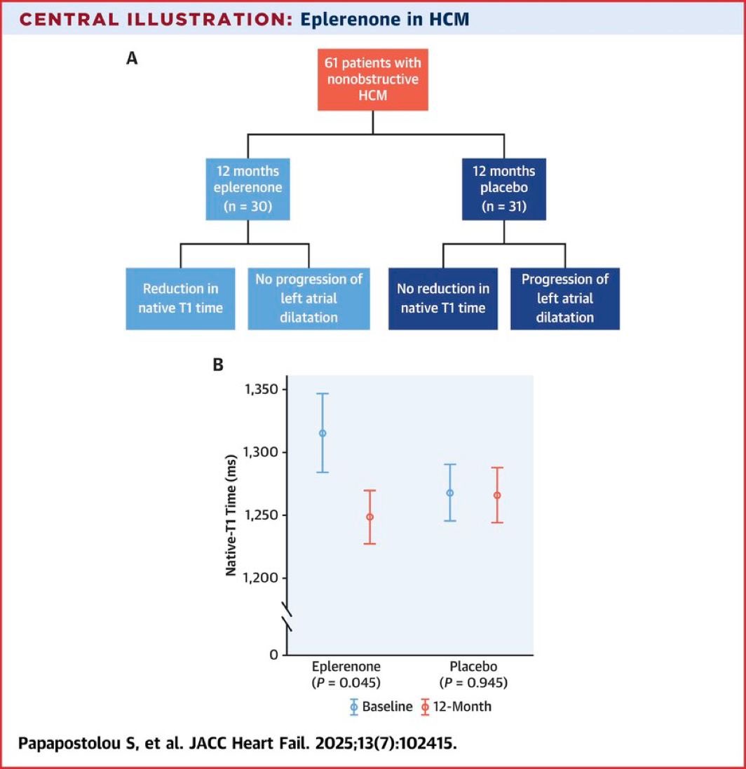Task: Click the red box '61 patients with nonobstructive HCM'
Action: pyautogui.click(x=372, y=80)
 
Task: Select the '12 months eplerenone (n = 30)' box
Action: pyautogui.click(x=248, y=190)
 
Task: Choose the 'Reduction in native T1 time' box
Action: pyautogui.click(x=181, y=298)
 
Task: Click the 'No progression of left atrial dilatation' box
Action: pyautogui.click(x=308, y=298)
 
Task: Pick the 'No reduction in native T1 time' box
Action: pyautogui.click(x=442, y=298)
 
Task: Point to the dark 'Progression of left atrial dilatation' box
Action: pyautogui.click(x=565, y=298)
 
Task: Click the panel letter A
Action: pyautogui.click(x=131, y=60)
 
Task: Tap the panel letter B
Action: pyautogui.click(x=218, y=365)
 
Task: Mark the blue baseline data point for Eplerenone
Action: pyautogui.click(x=323, y=433)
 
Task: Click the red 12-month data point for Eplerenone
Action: pyautogui.click(x=369, y=517)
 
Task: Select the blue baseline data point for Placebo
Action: pyautogui.click(x=450, y=493)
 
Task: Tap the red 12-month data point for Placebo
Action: pyautogui.click(x=497, y=495)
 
